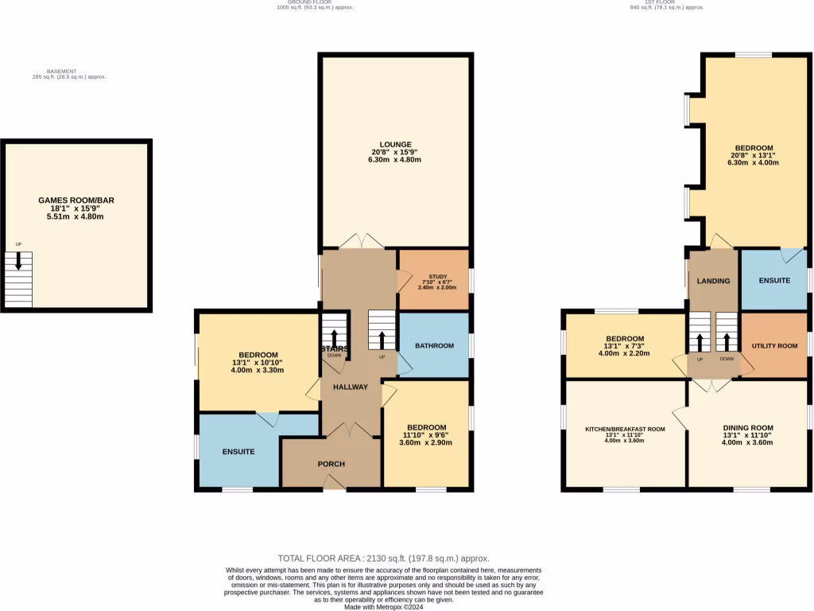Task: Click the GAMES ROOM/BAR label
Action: pyautogui.click(x=76, y=200)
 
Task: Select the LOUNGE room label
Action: pyautogui.click(x=395, y=144)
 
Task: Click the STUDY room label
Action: pyautogui.click(x=433, y=276)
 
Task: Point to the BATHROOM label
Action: pyautogui.click(x=434, y=345)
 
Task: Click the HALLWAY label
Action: pyautogui.click(x=351, y=387)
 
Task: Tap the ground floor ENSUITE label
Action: pyautogui.click(x=238, y=451)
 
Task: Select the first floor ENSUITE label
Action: pyautogui.click(x=774, y=280)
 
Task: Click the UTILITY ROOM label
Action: pyautogui.click(x=774, y=346)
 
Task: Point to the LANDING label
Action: pyautogui.click(x=713, y=281)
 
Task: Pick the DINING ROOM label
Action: pyautogui.click(x=748, y=428)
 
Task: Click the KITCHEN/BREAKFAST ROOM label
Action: pyautogui.click(x=625, y=429)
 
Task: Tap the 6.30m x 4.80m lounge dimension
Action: pyautogui.click(x=395, y=160)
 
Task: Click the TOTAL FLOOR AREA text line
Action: pyautogui.click(x=383, y=558)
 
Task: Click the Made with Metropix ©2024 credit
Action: pyautogui.click(x=383, y=606)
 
